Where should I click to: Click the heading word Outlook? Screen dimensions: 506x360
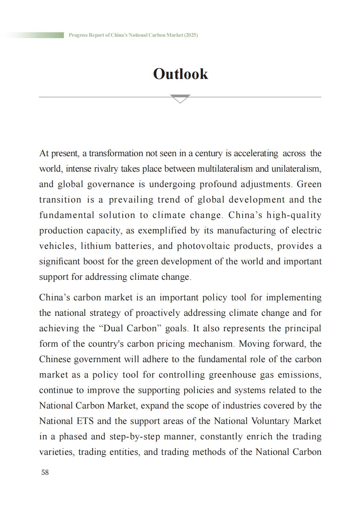click(180, 74)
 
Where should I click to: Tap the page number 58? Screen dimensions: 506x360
click(45, 472)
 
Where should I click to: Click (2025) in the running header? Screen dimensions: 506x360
click(191, 35)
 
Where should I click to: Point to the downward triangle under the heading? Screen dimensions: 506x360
click(180, 99)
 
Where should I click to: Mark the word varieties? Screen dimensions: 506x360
click(56, 452)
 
